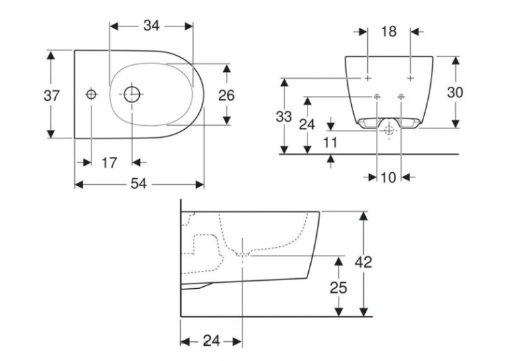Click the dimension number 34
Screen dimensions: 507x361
pyautogui.click(x=151, y=25)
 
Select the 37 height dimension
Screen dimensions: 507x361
pyautogui.click(x=52, y=95)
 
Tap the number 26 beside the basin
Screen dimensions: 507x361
pyautogui.click(x=227, y=95)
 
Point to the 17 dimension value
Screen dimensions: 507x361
pyautogui.click(x=109, y=162)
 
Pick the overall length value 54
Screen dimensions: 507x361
pyautogui.click(x=139, y=184)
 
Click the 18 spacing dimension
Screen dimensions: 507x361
pyautogui.click(x=388, y=32)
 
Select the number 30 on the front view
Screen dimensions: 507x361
pyautogui.click(x=455, y=93)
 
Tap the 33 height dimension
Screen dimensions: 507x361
pyautogui.click(x=284, y=117)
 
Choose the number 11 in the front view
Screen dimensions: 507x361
pyautogui.click(x=330, y=142)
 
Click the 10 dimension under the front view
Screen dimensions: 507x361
pyautogui.click(x=388, y=177)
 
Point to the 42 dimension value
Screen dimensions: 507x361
pyautogui.click(x=363, y=262)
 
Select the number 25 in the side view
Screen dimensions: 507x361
pyautogui.click(x=338, y=287)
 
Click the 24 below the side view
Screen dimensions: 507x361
pyautogui.click(x=211, y=340)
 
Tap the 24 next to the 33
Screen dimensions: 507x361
pyautogui.click(x=307, y=124)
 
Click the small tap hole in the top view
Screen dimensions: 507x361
pyautogui.click(x=91, y=94)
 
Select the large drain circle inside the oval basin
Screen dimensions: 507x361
pyautogui.click(x=132, y=94)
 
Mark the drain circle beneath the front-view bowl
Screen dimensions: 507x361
pyautogui.click(x=389, y=131)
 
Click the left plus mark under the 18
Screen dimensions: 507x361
pyautogui.click(x=368, y=78)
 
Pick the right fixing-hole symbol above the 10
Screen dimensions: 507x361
pyautogui.click(x=401, y=96)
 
